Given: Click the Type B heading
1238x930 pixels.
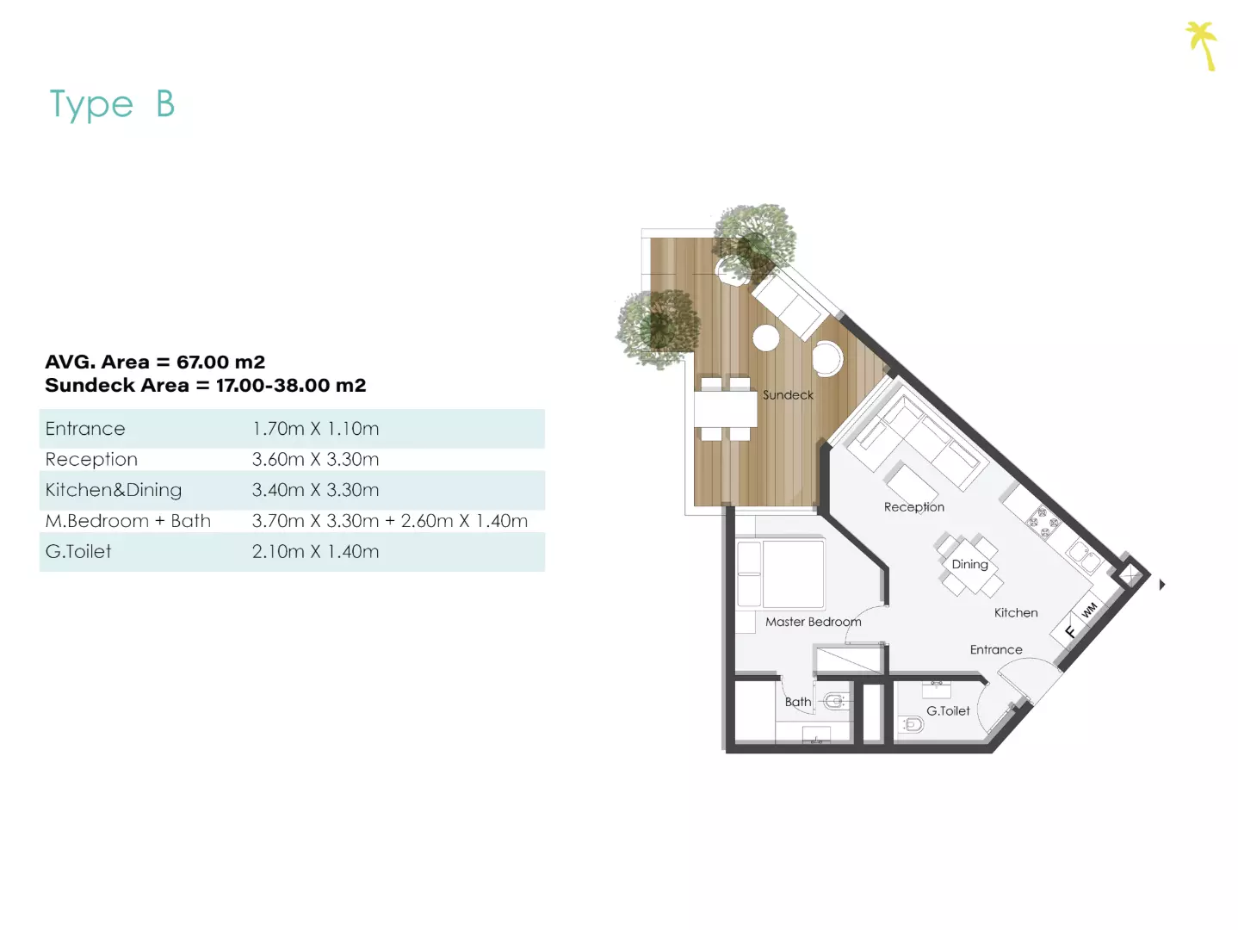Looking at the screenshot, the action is [x=112, y=104].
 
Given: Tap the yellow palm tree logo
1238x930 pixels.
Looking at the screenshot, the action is [x=1203, y=46].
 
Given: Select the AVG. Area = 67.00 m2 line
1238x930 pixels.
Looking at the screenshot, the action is [x=155, y=362].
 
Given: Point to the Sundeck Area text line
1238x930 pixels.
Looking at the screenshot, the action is [x=205, y=385].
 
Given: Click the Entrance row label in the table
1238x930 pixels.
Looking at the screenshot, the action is [x=85, y=429].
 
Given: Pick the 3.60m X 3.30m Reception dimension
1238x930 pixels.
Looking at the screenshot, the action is [x=315, y=459].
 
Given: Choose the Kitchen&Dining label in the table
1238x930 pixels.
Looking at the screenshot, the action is [x=114, y=490].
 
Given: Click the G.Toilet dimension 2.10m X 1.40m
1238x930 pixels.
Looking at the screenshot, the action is [x=315, y=551].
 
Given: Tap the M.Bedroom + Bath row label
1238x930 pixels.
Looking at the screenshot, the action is [x=128, y=521].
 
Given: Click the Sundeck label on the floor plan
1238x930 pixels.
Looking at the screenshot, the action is [x=788, y=394].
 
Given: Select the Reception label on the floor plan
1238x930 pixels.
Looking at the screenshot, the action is [x=913, y=507].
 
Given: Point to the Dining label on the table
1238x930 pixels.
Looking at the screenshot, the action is [x=969, y=564].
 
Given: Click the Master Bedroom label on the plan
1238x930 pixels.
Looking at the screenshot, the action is [x=814, y=622].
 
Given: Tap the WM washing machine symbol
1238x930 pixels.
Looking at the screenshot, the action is [x=1089, y=610].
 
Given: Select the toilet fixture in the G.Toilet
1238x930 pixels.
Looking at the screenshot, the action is [x=911, y=723].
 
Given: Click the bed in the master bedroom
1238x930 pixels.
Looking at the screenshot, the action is [x=781, y=574].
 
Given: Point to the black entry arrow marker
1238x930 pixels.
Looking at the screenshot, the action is [x=1162, y=585].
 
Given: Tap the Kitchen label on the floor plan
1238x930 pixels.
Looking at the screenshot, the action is [x=1016, y=612].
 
